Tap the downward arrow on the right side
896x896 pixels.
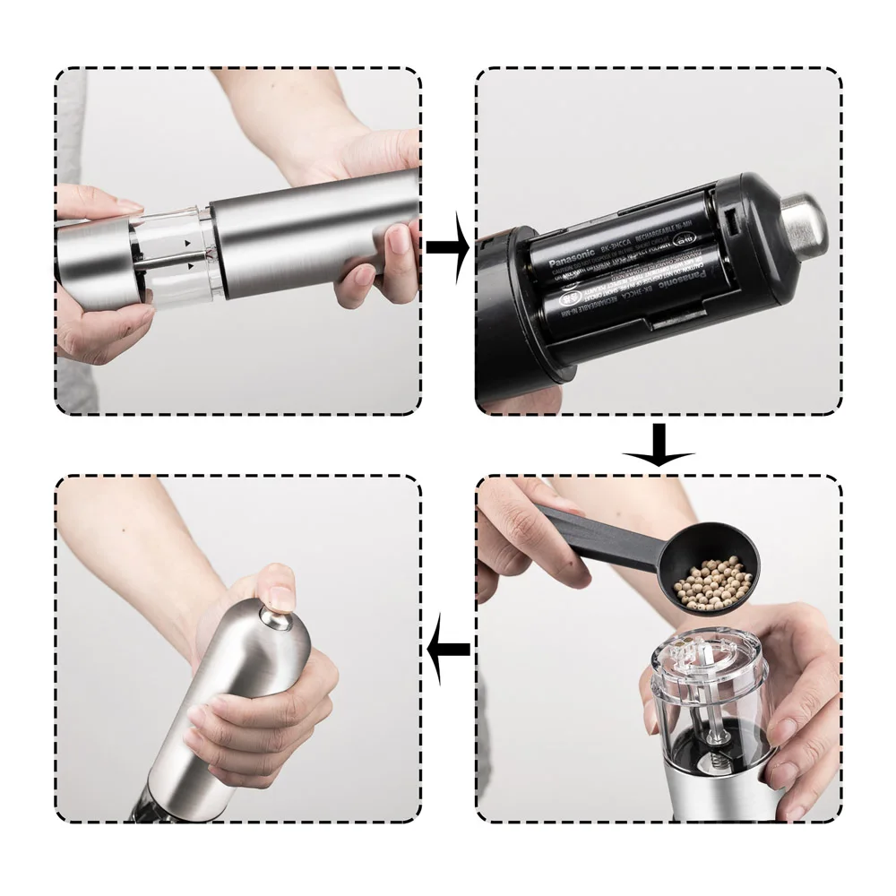[x=659, y=445]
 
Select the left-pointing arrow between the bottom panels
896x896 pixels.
[x=448, y=648]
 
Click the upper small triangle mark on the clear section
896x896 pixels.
[x=187, y=243]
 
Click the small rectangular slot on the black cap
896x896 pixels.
[x=729, y=218]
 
